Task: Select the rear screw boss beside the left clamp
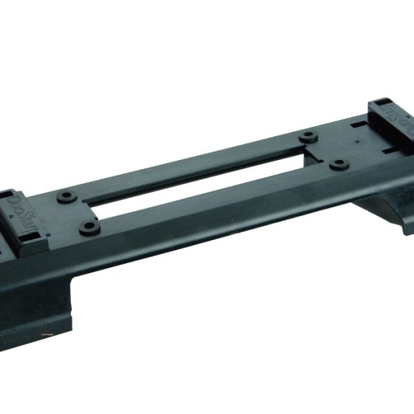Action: tap(66, 197)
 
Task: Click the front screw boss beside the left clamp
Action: tap(89, 226)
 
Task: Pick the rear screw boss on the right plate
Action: tap(308, 135)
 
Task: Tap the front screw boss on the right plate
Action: tap(337, 164)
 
